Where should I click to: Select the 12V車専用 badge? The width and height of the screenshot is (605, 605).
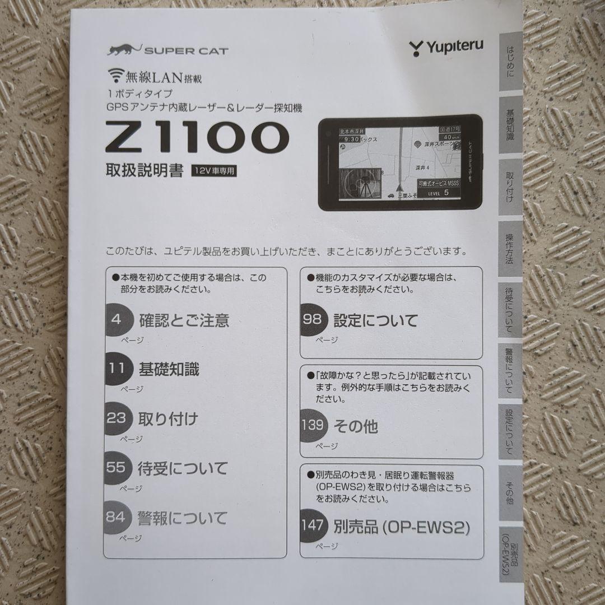(x=214, y=172)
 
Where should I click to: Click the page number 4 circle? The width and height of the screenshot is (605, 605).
(x=117, y=320)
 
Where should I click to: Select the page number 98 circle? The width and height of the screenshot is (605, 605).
(x=313, y=320)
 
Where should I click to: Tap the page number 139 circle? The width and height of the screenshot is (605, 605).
(x=313, y=425)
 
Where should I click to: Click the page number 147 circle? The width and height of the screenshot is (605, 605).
(x=313, y=525)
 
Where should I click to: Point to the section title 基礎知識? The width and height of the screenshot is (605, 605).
(x=169, y=370)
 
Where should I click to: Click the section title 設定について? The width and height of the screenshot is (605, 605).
(x=375, y=320)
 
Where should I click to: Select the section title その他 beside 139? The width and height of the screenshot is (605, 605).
(x=355, y=426)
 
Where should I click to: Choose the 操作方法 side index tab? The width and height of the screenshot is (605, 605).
(x=509, y=248)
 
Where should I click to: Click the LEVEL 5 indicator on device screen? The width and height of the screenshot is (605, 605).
(x=439, y=193)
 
